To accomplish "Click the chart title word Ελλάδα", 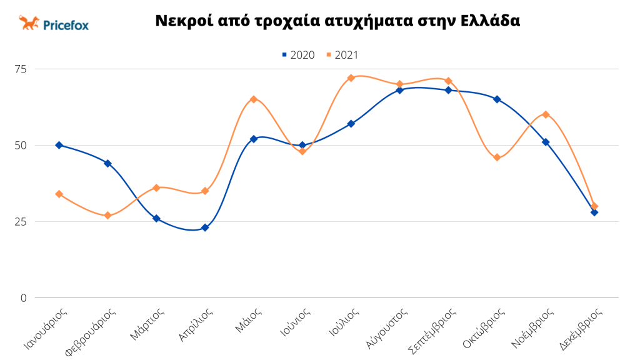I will click(490, 21).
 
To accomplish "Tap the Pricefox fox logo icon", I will click(29, 23).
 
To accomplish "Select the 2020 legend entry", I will click(298, 55).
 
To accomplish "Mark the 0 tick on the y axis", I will click(24, 297).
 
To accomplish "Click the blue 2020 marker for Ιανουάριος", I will click(59, 145).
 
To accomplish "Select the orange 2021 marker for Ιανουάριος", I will click(59, 194).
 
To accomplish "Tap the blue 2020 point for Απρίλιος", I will click(205, 227).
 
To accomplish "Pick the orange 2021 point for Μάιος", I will click(254, 99).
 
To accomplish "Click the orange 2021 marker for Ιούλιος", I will click(351, 78).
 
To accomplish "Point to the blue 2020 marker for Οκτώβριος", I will click(497, 99).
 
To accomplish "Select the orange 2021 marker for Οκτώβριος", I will click(497, 157).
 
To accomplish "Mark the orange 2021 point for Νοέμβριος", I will click(546, 114).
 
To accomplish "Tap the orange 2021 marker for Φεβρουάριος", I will click(107, 216).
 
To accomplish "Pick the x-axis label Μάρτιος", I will click(147, 323).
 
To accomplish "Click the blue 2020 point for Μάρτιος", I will click(156, 219).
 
